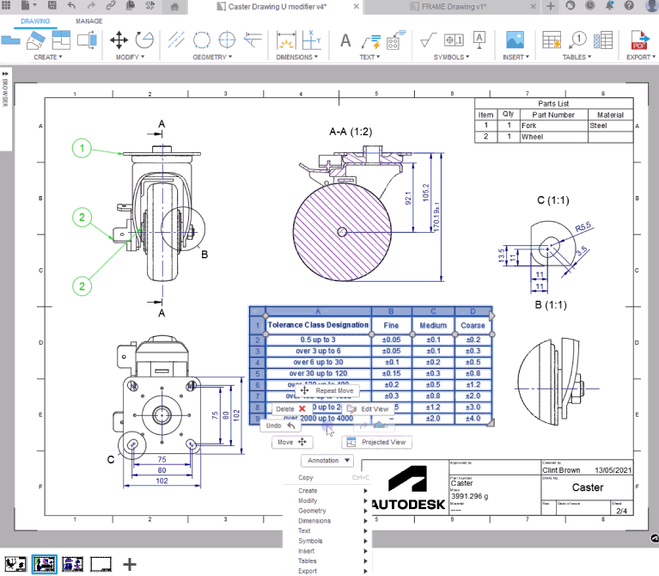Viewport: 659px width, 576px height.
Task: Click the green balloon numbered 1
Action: coord(82,150)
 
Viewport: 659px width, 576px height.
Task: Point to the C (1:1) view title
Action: coord(553,200)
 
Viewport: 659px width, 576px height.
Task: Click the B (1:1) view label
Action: coord(549,304)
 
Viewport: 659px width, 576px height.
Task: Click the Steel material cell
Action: coord(610,126)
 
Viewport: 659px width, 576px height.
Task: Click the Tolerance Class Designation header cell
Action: coord(319,326)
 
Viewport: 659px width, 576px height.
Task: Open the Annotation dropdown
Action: coord(326,461)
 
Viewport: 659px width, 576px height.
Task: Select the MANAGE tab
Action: coord(89,21)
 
